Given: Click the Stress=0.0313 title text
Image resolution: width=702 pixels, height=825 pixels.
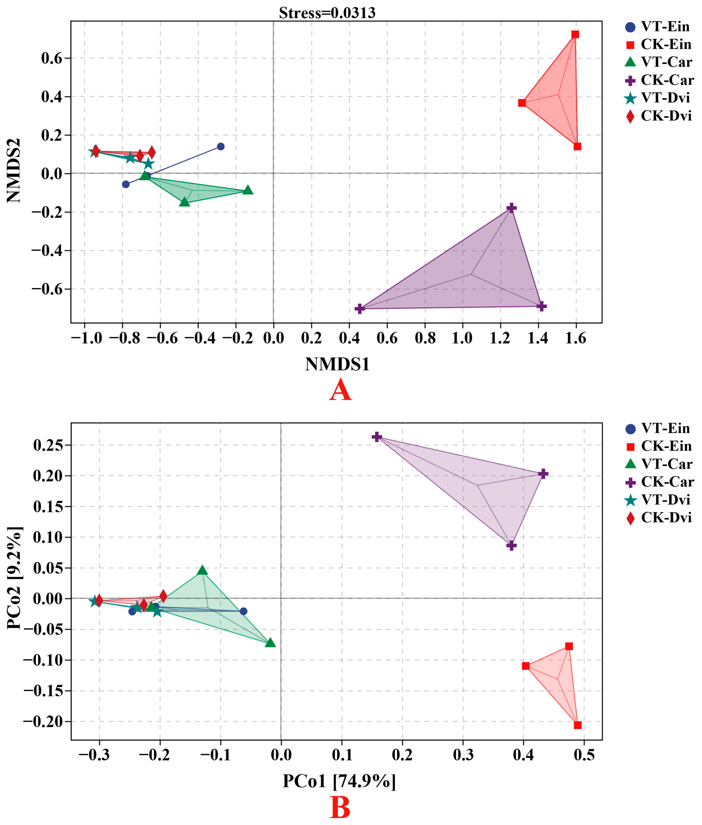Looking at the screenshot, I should [x=327, y=13].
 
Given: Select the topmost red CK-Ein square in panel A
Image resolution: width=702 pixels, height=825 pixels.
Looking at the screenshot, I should [x=575, y=34].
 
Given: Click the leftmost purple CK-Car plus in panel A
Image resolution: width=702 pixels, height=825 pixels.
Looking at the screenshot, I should [x=360, y=309].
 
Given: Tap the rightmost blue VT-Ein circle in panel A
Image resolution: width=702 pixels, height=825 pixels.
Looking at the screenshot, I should [x=221, y=146].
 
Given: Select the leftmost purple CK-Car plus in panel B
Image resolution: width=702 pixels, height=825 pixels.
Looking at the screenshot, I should [x=377, y=437].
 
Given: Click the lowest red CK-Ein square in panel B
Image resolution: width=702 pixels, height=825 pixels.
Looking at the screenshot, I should [x=578, y=725].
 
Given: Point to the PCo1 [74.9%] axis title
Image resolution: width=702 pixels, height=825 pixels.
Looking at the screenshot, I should [x=339, y=781].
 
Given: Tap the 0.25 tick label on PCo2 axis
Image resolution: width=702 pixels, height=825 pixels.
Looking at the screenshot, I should [x=48, y=445].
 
